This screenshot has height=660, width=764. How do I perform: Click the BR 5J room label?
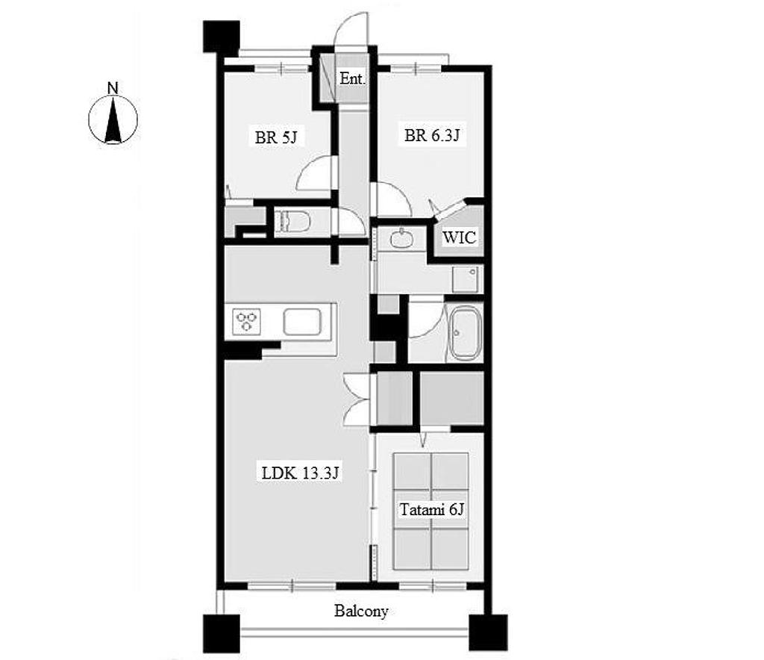(x=276, y=137)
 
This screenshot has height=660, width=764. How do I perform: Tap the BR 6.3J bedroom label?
(x=432, y=135)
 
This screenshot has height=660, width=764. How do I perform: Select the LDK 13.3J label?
(x=300, y=473)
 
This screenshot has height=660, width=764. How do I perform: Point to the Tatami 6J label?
(x=432, y=510)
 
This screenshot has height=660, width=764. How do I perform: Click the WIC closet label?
(x=459, y=237)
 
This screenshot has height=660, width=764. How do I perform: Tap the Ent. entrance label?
(x=352, y=78)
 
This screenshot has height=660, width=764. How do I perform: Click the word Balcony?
(x=361, y=611)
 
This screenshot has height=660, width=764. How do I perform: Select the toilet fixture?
(x=292, y=222)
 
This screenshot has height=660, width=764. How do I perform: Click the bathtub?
(x=464, y=333)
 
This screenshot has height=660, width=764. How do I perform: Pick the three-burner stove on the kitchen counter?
(x=247, y=322)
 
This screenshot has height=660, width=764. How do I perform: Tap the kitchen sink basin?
(x=302, y=322)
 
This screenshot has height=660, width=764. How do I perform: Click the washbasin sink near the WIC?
(x=402, y=238)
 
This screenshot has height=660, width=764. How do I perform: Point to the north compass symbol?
(x=113, y=120)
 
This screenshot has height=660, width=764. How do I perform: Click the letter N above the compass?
(x=113, y=88)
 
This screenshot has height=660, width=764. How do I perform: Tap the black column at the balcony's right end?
(x=488, y=632)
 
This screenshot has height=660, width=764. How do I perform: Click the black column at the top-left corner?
(x=221, y=36)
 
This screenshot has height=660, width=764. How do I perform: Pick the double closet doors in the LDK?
(x=358, y=399)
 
